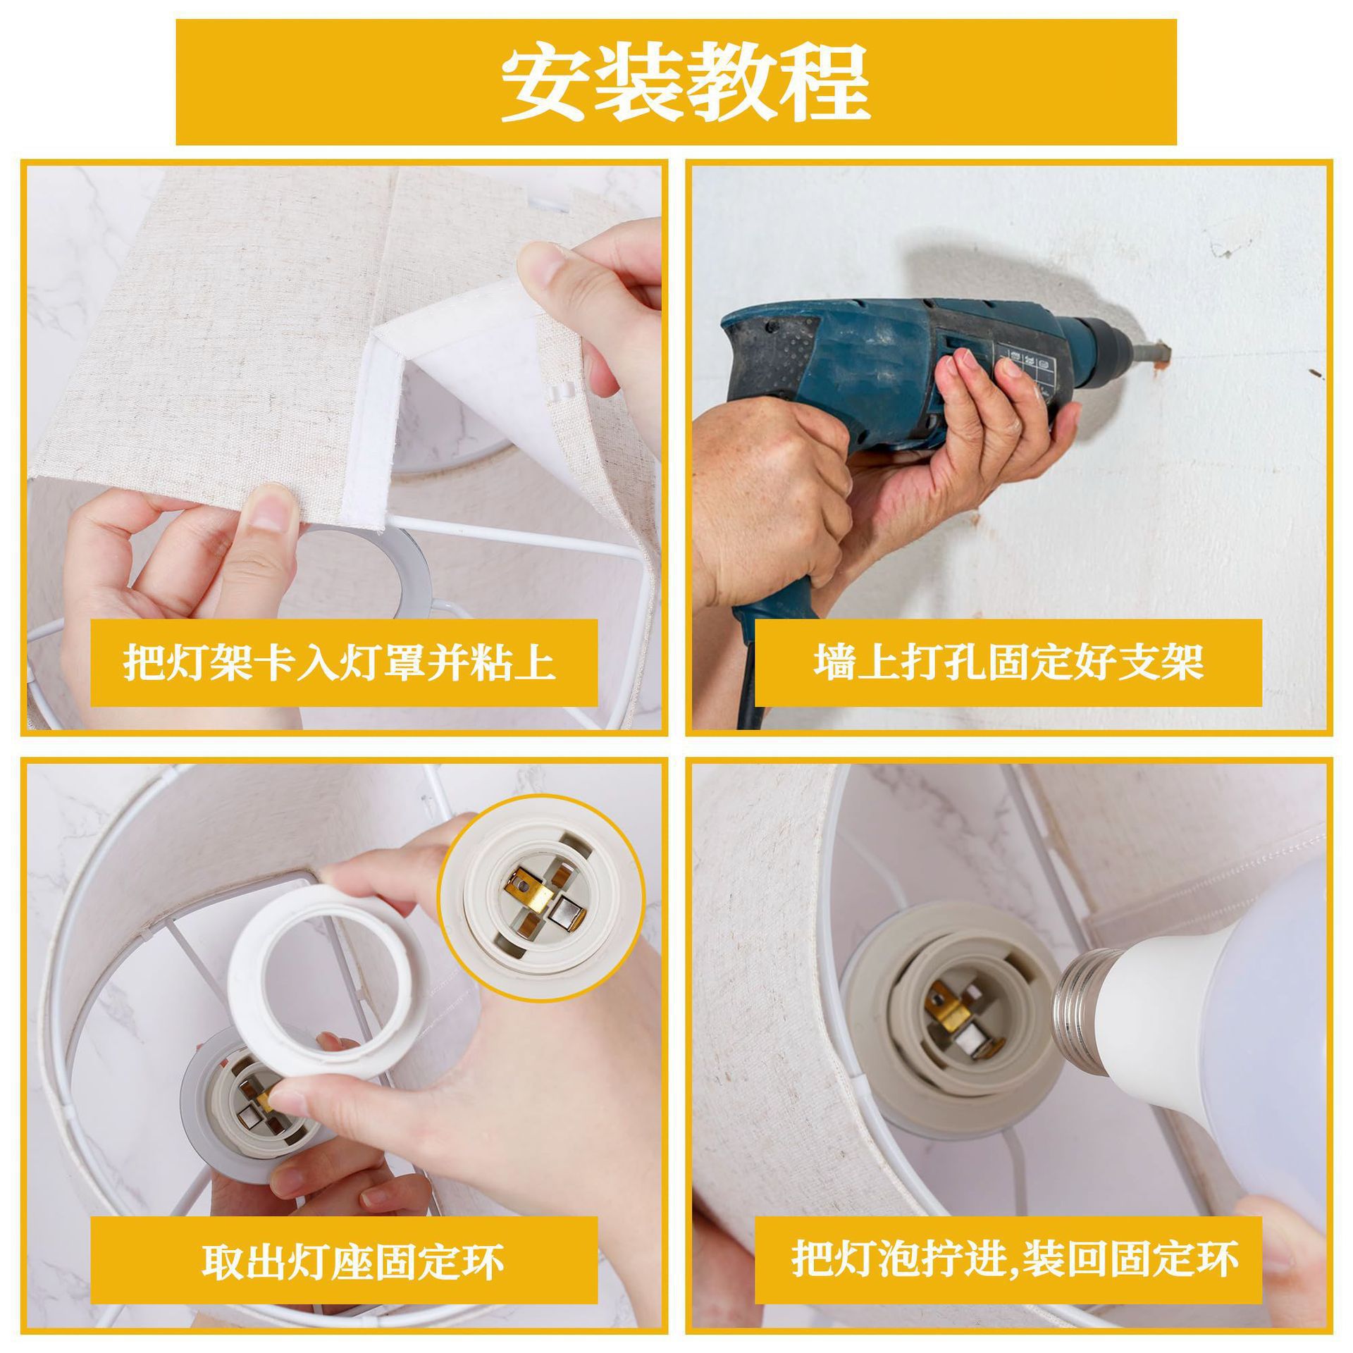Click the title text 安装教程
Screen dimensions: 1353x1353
click(x=676, y=82)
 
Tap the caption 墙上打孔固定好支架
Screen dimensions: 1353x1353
click(x=1008, y=663)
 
